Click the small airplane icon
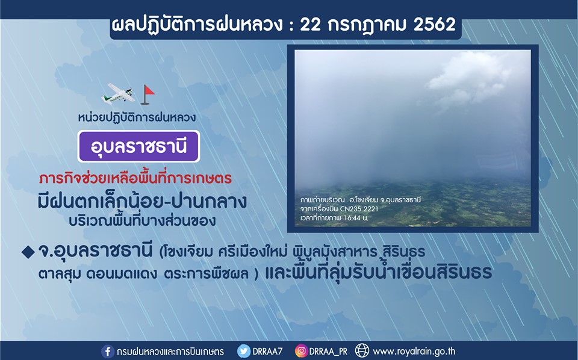pos(117,93)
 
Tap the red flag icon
pos(147,95)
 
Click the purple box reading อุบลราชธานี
pos(138,146)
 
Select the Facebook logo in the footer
pos(107,351)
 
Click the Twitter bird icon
pos(243,351)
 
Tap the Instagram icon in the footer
pos(301,351)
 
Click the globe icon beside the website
pos(362,351)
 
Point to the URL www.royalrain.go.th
pos(414,351)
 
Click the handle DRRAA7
pos(267,351)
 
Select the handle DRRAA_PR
pos(328,351)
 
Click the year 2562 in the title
pos(435,24)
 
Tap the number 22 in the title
pos(311,24)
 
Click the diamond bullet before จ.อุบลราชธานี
pos(28,252)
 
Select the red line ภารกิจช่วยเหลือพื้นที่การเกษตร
pos(135,179)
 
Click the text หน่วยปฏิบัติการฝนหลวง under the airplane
pos(137,117)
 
